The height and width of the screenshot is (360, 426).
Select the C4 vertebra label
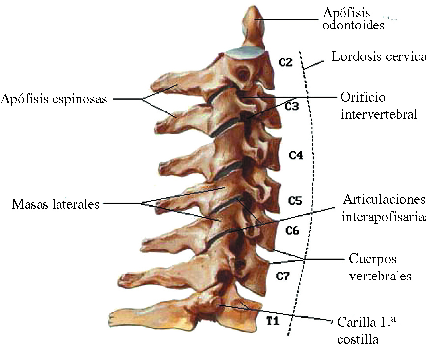(x=296, y=156)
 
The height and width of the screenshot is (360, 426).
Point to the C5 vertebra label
(x=295, y=201)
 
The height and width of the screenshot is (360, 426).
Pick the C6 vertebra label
(x=294, y=230)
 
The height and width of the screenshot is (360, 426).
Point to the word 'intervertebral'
(x=379, y=115)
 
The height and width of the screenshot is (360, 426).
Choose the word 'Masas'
(x=27, y=204)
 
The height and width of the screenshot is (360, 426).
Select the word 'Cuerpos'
(x=372, y=259)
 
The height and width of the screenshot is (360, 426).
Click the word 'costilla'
(x=358, y=339)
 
